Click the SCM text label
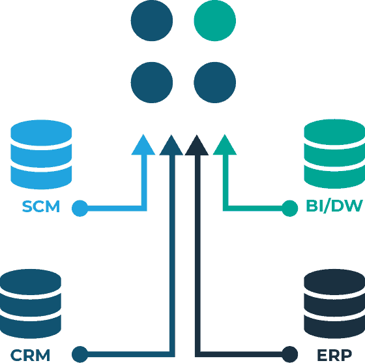pyautogui.click(x=41, y=206)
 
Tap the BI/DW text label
pyautogui.click(x=334, y=206)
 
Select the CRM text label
pyautogui.click(x=30, y=355)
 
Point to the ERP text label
pyautogui.click(x=334, y=355)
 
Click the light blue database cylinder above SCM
pyautogui.click(x=41, y=154)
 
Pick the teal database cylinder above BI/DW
pyautogui.click(x=334, y=154)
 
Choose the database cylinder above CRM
pyautogui.click(x=31, y=304)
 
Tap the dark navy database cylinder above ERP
pyautogui.click(x=334, y=304)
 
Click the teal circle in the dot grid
pyautogui.click(x=215, y=20)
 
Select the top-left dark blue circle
pyautogui.click(x=152, y=20)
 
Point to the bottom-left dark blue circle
pyautogui.click(x=152, y=82)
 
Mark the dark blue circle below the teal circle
pyautogui.click(x=215, y=82)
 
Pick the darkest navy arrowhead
pyautogui.click(x=197, y=145)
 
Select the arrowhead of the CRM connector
pyautogui.click(x=171, y=145)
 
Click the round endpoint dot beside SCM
pyautogui.click(x=80, y=208)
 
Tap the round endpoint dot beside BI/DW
pyautogui.click(x=290, y=208)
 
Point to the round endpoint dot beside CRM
pyautogui.click(x=80, y=355)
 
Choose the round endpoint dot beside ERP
pyautogui.click(x=290, y=355)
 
